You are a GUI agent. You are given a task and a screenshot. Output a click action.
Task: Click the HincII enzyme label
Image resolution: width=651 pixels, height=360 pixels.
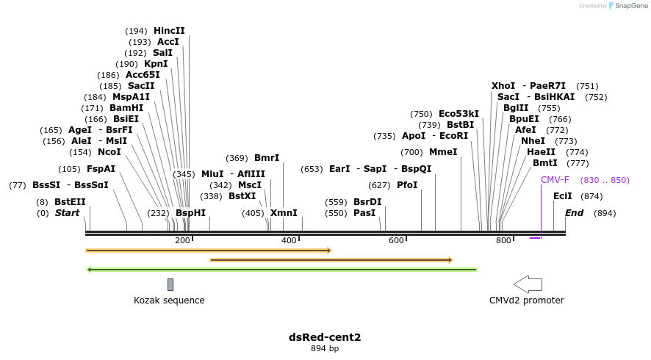169,31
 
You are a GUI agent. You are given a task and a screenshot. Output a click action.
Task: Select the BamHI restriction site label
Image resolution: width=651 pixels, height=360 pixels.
126,108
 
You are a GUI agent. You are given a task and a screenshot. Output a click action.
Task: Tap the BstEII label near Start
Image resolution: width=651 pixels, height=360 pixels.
70,201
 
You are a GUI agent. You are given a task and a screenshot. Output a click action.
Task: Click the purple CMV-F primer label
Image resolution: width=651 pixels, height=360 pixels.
555,180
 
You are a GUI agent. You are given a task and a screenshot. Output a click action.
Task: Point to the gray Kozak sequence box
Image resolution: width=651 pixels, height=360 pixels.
170,284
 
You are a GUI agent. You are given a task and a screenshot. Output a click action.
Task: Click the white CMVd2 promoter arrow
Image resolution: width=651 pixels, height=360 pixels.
528,284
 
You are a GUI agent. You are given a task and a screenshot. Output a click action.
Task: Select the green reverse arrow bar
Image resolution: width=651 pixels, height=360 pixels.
282,270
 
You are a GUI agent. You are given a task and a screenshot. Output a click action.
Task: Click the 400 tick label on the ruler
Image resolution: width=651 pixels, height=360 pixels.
289,240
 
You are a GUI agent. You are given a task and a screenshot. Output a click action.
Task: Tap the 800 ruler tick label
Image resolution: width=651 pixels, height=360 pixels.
503,240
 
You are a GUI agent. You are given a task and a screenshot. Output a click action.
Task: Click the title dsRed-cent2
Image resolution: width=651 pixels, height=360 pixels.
325,337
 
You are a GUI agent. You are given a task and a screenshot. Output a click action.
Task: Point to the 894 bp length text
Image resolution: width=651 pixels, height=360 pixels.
325,348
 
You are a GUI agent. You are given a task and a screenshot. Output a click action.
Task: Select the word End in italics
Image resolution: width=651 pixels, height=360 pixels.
574,213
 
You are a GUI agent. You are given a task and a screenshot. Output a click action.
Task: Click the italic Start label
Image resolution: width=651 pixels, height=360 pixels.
67,213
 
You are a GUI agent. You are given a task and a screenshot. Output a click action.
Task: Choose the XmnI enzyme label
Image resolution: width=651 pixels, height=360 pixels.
284,213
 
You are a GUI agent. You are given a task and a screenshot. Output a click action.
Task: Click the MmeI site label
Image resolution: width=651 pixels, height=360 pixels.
443,152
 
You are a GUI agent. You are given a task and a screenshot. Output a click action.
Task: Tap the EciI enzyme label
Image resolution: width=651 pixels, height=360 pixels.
563,196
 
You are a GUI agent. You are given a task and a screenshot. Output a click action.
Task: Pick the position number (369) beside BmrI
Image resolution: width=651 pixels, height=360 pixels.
237,158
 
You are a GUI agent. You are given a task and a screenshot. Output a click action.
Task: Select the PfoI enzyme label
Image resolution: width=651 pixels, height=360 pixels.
407,185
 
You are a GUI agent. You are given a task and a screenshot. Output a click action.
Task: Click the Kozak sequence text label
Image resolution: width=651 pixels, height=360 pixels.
169,300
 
